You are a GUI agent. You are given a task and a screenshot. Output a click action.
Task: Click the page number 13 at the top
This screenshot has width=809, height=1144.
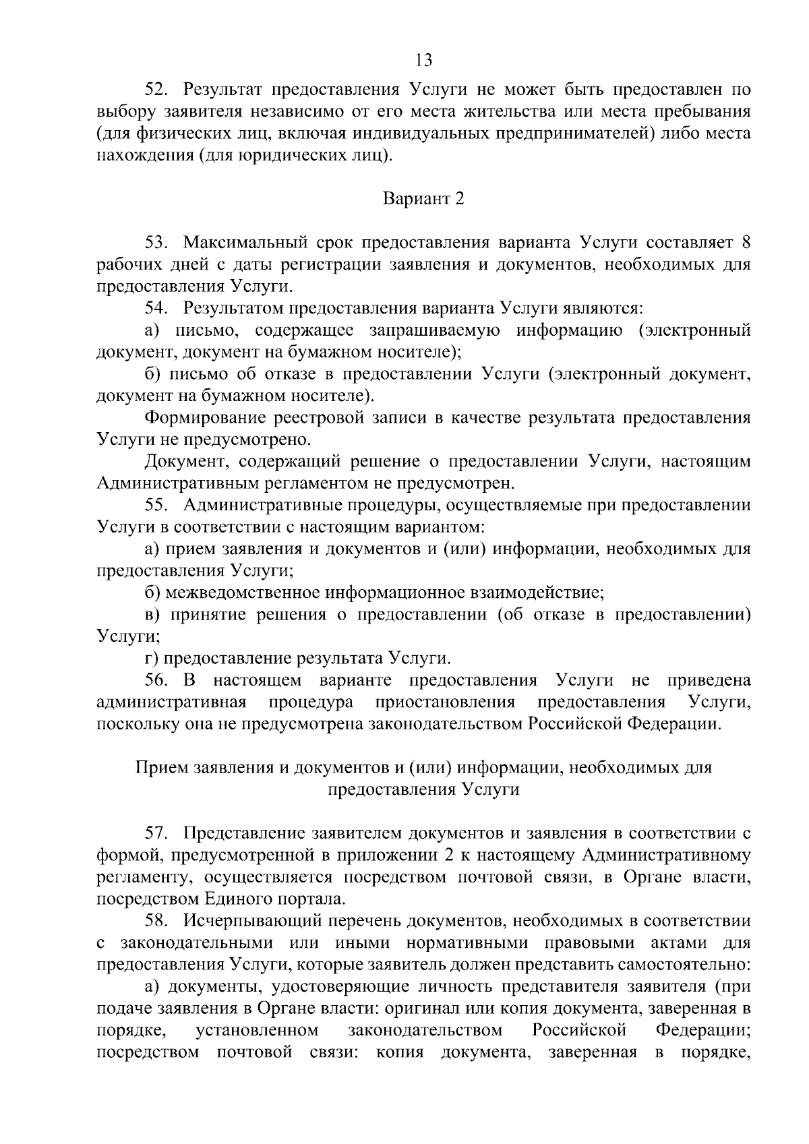(x=423, y=61)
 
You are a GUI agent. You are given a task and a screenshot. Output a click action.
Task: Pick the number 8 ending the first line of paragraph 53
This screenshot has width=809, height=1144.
(x=745, y=243)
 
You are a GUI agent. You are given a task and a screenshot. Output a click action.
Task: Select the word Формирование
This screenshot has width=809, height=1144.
(x=204, y=417)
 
